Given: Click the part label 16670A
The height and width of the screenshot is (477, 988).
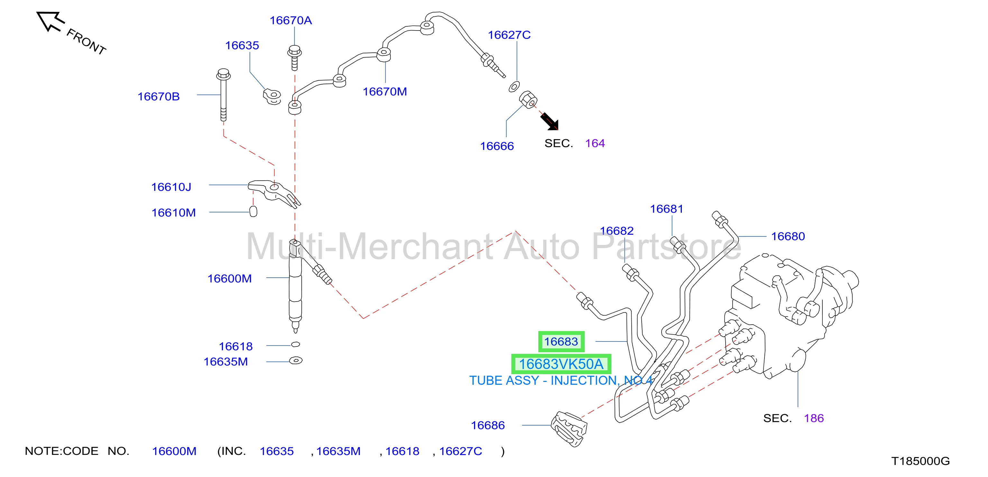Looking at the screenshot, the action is click(x=291, y=20).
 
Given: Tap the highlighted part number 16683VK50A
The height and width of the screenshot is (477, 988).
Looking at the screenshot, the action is click(x=561, y=364).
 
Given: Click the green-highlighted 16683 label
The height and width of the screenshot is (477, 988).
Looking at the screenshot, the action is click(x=561, y=341).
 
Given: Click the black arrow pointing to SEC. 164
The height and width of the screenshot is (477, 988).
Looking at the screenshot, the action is click(x=550, y=122).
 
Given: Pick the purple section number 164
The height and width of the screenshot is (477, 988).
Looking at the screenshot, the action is click(x=595, y=143).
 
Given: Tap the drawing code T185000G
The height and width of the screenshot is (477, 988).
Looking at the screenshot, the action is click(x=920, y=461).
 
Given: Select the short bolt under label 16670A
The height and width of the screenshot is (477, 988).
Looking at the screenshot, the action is click(x=294, y=58).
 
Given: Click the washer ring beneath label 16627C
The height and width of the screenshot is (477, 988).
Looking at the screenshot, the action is click(x=514, y=87).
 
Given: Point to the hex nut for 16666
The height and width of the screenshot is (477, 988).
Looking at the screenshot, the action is click(x=528, y=100).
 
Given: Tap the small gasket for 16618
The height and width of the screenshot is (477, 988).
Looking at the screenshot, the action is click(x=295, y=344).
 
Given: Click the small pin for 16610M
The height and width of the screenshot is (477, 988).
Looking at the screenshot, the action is click(x=253, y=211).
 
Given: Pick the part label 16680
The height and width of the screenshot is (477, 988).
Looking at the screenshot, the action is click(x=788, y=236).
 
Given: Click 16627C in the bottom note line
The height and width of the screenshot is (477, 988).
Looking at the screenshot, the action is click(x=460, y=451).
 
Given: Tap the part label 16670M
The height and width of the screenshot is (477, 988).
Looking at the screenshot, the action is click(x=385, y=92).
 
